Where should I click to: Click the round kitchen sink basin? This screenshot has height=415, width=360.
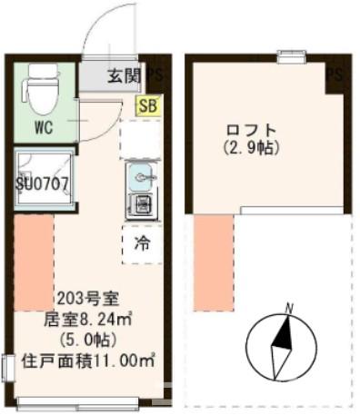coord(142,173)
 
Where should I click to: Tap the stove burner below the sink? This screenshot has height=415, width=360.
coord(142,205)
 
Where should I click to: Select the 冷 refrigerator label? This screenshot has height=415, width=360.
coord(142,243)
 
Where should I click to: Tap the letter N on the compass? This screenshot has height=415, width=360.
coord(288,308)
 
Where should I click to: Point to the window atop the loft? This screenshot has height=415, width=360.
coord(291,59)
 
